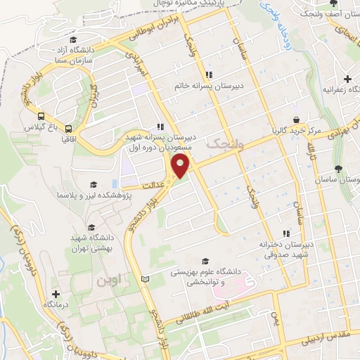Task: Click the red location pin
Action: click(181, 167)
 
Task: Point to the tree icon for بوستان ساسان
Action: click(339, 169)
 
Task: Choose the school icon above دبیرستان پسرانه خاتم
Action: click(209, 75)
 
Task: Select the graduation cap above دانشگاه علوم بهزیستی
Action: click(205, 260)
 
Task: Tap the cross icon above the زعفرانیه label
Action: click(346, 79)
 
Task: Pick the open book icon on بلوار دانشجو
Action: click(146, 279)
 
